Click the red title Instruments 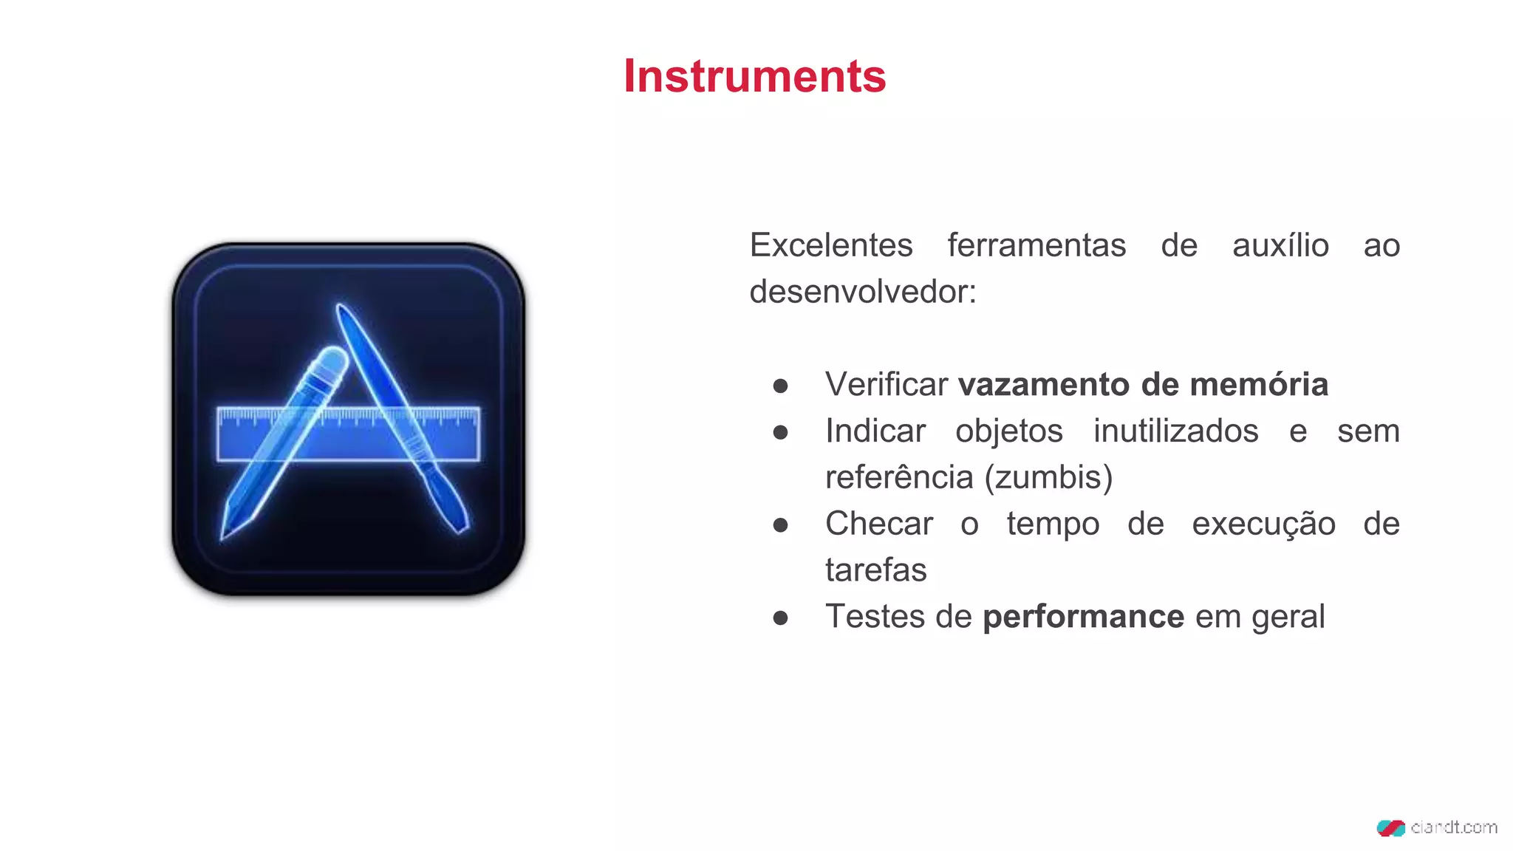[x=754, y=76]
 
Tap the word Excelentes [x=831, y=245]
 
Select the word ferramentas [x=1036, y=245]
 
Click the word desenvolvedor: [x=863, y=292]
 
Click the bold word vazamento [x=1044, y=384]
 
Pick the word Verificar [x=887, y=384]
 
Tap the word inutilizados [x=1175, y=431]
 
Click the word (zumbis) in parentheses [x=1048, y=477]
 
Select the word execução [x=1263, y=524]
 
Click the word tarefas [x=875, y=570]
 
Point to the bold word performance [x=1083, y=617]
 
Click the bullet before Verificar [x=780, y=386]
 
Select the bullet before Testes [x=780, y=618]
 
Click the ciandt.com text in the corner [x=1453, y=827]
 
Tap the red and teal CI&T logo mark [x=1390, y=828]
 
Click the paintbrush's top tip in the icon [x=341, y=308]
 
